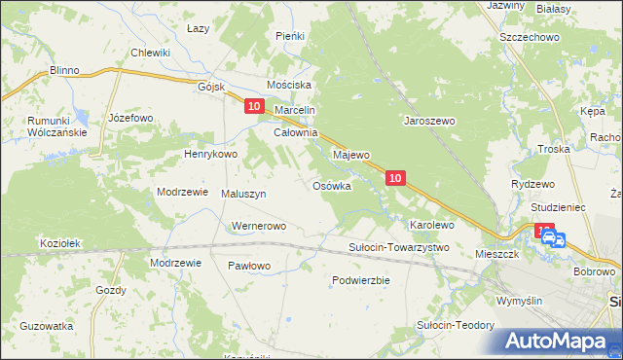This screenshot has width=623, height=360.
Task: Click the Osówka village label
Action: tap(331, 186)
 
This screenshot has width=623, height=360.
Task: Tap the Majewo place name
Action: tap(352, 155)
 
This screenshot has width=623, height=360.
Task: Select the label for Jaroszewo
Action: tap(430, 122)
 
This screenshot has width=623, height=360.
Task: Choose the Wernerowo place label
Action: tap(258, 226)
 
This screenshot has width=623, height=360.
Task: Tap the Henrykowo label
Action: tap(211, 154)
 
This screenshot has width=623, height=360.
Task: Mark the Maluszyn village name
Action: tap(244, 194)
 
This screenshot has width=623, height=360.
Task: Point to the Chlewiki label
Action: tap(151, 53)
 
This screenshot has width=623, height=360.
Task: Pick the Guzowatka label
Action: tap(47, 327)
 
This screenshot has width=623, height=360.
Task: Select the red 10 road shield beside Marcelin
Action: tap(254, 106)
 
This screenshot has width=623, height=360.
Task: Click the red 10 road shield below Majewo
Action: tap(394, 178)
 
